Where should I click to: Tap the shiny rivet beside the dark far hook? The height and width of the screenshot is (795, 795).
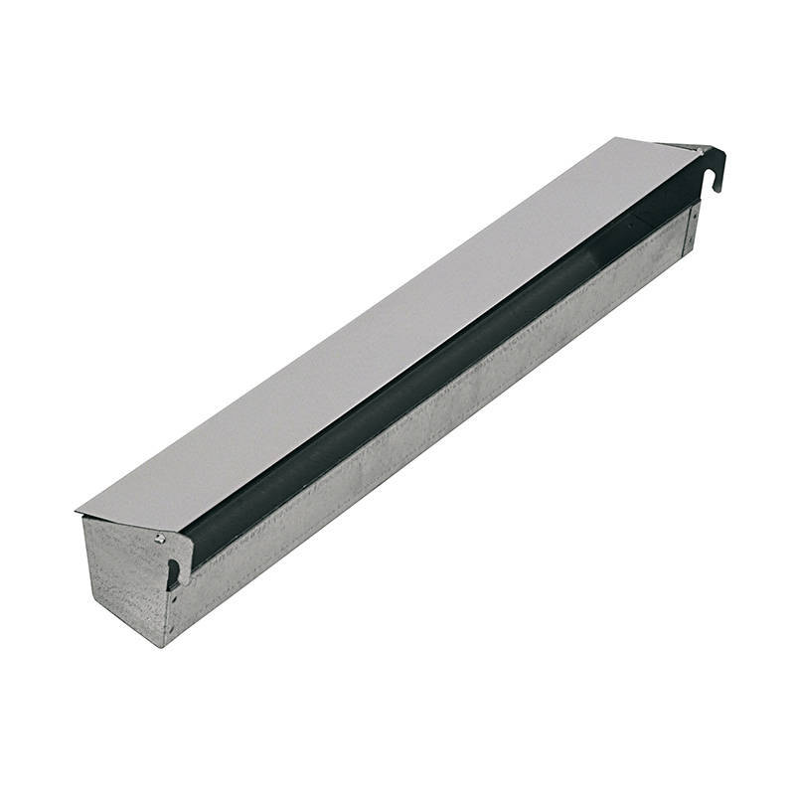701,151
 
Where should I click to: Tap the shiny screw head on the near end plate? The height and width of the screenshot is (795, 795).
159,539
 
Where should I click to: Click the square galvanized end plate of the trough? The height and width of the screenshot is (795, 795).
124,576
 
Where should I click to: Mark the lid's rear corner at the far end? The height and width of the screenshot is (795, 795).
618,138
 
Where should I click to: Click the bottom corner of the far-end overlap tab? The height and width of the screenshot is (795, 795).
684,256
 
